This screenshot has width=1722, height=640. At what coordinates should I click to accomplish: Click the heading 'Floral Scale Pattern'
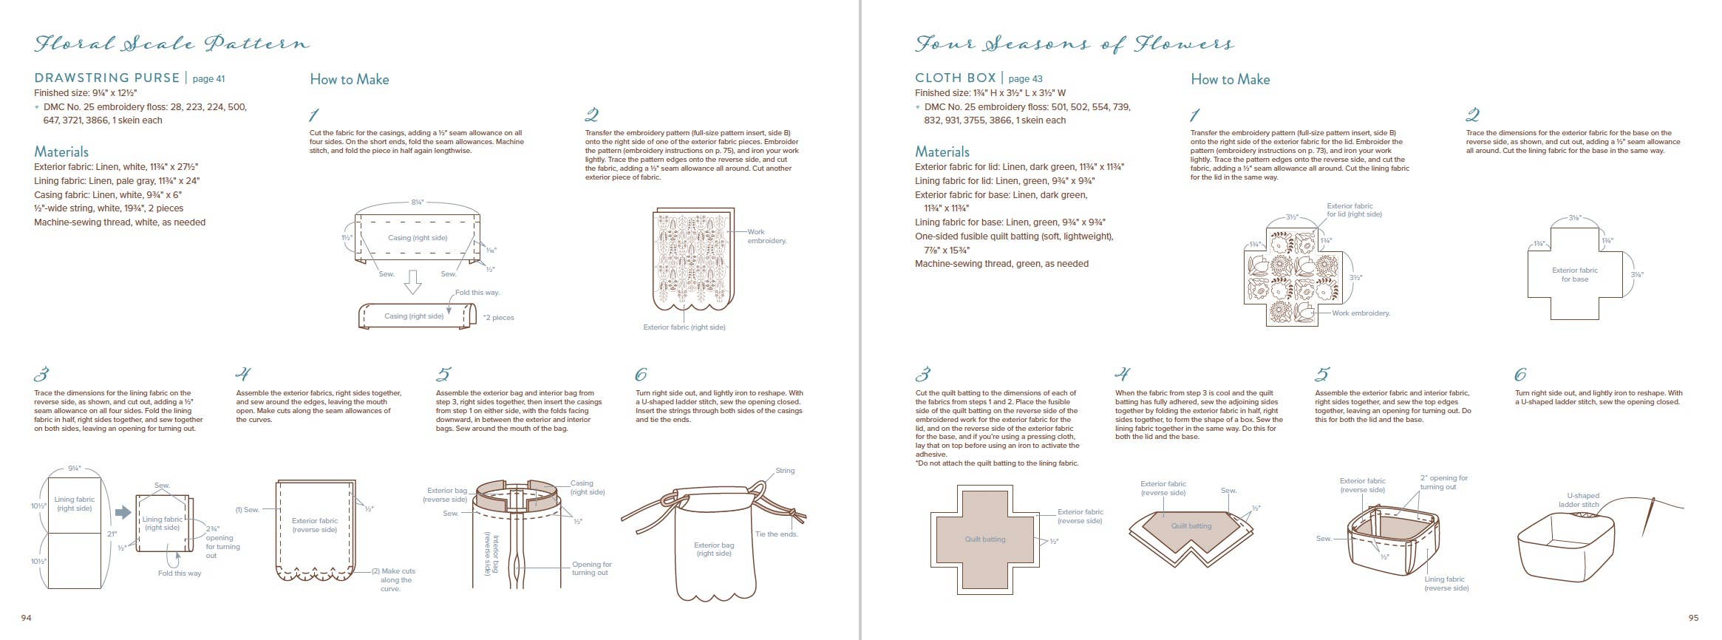tap(171, 44)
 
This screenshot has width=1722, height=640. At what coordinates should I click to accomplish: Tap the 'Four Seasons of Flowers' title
tap(1074, 44)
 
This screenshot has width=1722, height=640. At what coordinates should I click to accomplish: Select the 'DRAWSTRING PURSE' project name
tap(107, 78)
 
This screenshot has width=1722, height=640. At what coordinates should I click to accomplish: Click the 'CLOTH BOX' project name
tap(954, 78)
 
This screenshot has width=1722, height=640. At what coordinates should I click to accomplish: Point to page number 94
tap(27, 618)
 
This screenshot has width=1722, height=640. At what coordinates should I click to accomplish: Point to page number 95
tap(1693, 618)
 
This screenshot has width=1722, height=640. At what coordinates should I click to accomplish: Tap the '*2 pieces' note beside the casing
tap(498, 318)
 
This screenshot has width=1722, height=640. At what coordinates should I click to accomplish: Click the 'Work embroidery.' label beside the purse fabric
tap(766, 236)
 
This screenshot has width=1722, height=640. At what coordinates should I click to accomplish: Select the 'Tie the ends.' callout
tap(776, 534)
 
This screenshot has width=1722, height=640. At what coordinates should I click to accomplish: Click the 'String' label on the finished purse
tap(785, 471)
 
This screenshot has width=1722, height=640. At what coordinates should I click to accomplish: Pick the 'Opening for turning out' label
tap(591, 568)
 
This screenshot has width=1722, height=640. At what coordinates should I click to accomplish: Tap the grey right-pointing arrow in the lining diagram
tap(123, 512)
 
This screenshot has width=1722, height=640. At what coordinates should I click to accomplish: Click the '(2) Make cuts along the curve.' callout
tap(395, 579)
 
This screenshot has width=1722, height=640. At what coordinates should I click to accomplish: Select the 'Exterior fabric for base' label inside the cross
tap(1574, 275)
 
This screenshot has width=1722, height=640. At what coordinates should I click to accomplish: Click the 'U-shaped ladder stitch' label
tap(1583, 500)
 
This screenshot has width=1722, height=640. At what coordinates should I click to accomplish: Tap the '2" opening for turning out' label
tap(1443, 483)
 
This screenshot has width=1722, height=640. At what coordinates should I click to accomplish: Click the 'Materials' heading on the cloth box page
tap(942, 152)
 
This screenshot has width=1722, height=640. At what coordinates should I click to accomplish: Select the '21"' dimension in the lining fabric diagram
tap(112, 534)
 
